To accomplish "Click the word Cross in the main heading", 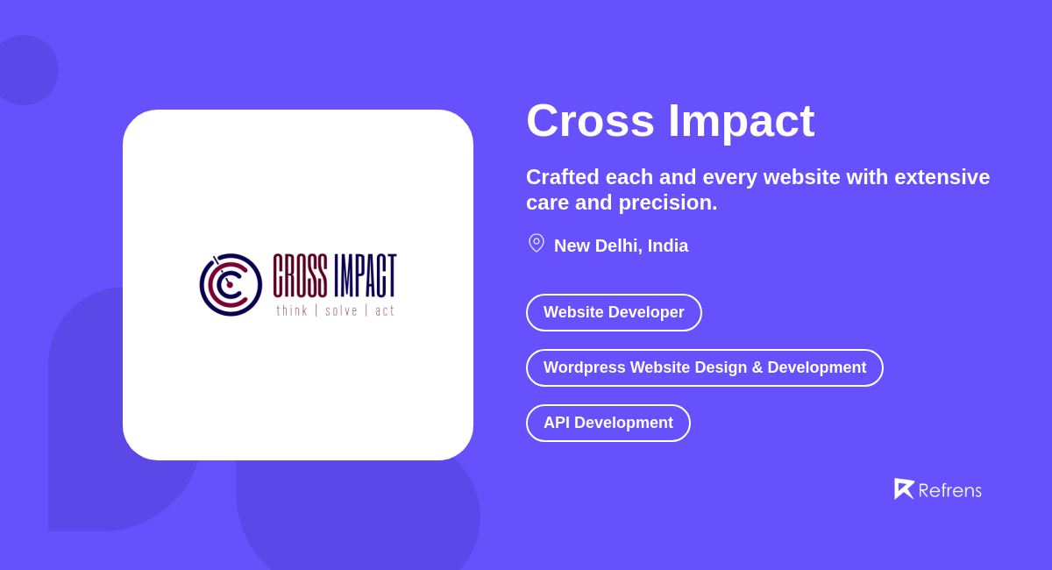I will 590,121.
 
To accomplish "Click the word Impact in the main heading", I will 741,121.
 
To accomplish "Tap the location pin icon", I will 537,243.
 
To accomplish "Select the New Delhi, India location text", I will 621,246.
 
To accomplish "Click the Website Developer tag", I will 614,313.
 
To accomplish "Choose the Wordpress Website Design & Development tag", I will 704,368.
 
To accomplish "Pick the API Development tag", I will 608,424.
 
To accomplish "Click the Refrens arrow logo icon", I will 903,488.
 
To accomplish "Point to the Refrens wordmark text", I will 949,490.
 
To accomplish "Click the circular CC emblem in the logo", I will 231,284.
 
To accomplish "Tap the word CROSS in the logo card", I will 300,275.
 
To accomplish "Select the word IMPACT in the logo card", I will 365,275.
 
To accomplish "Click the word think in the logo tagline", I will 292,310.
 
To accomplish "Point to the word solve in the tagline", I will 341,310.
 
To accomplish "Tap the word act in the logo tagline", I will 385,310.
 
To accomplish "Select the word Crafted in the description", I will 562,177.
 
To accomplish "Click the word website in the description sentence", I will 801,177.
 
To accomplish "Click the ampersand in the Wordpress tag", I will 756,368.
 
